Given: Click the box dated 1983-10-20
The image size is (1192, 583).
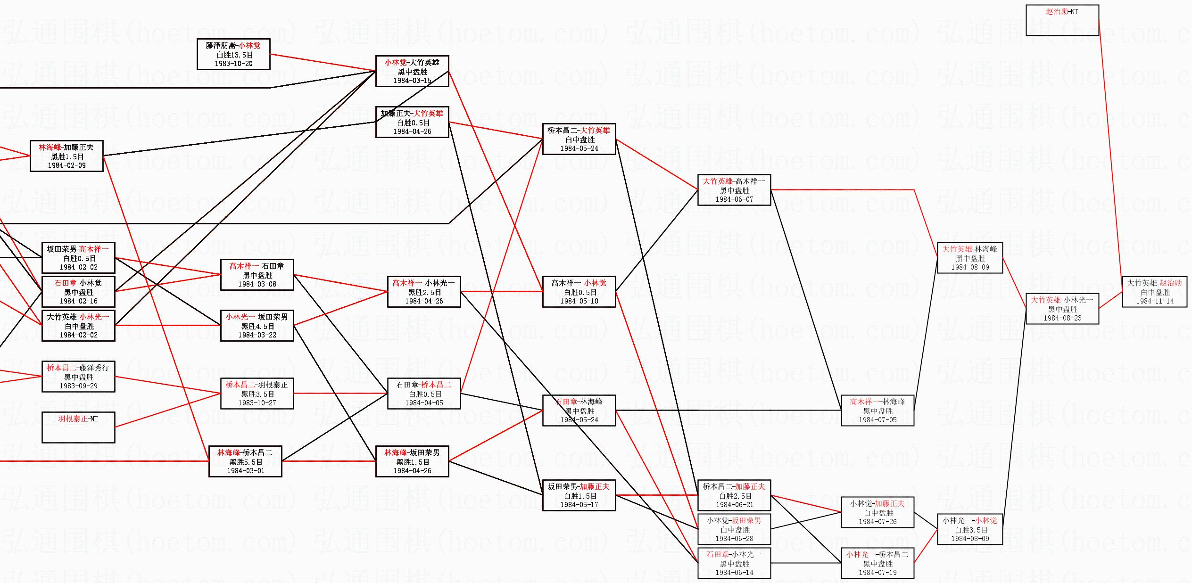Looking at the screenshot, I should coord(233,54).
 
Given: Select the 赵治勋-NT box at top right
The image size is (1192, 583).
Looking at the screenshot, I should coord(1062,20).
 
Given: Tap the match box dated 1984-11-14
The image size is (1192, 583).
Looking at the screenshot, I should coord(1154,292).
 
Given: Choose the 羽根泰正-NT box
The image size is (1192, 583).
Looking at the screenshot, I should coord(78,427).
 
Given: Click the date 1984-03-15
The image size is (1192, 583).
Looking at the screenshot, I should coord(412,81).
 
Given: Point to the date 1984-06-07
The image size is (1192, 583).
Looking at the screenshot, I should coord(734,199).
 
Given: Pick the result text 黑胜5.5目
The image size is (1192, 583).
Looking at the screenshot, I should coord(245,462).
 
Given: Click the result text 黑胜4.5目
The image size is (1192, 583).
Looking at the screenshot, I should coord(257,326).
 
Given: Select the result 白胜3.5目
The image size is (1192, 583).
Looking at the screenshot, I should coord(969,530).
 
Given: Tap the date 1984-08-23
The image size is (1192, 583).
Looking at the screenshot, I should coord(1062,318).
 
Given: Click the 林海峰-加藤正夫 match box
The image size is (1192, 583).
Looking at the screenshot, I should coord(66,156).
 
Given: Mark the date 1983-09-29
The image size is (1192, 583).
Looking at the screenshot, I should coord(78,386).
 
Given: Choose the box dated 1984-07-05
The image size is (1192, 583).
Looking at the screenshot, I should coord(877,411).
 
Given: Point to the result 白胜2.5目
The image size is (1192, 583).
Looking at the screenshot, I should coord(734,496).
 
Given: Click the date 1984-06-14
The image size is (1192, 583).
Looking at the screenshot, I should coord(734,573).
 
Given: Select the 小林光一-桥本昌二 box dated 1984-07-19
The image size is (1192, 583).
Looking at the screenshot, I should coord(877,563).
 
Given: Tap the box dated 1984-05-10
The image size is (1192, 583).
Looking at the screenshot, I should coord(579,292).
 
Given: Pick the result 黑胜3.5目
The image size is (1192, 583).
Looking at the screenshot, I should coord(257,394).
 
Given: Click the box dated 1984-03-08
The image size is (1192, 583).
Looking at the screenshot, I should coord(257,275).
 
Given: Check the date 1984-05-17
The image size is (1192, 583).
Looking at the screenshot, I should coord(579,505).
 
